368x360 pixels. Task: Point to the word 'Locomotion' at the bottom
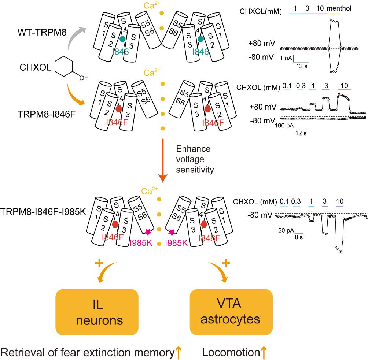click(x=231, y=353)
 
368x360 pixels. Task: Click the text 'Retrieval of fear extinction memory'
click(x=87, y=353)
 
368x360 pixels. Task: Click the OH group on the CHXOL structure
click(x=84, y=78)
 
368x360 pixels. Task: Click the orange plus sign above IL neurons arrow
click(x=97, y=263)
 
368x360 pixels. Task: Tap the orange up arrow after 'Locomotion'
click(x=264, y=353)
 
